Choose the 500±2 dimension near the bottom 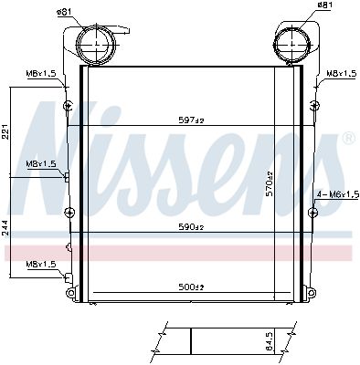pyautogui.click(x=190, y=287)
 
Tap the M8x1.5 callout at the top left pyautogui.click(x=40, y=74)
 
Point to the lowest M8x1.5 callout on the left pyautogui.click(x=40, y=264)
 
